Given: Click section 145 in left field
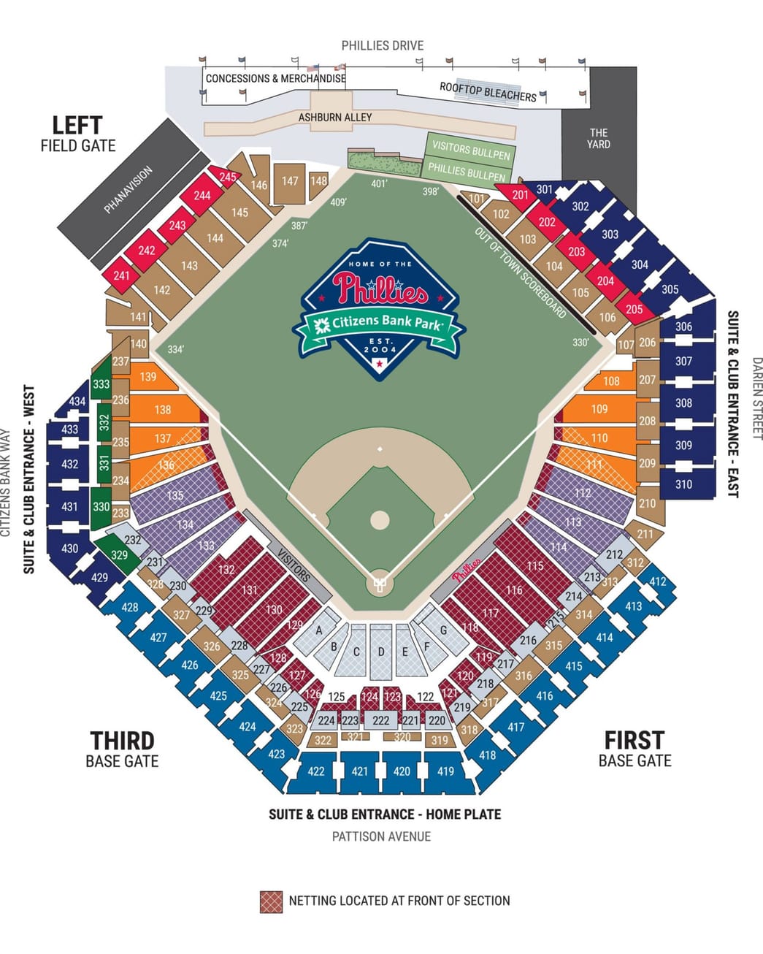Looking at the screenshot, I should [x=239, y=213].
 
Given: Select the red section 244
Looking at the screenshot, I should [x=202, y=195].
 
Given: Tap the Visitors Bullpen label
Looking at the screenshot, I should [x=471, y=150].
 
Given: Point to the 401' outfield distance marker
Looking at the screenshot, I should [x=379, y=184].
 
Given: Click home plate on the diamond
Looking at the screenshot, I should [x=380, y=584].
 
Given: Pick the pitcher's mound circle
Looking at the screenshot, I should [x=380, y=520].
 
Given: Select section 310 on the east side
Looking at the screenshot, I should [x=683, y=484].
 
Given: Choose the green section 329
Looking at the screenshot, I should [x=119, y=554].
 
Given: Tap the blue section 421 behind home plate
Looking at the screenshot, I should [x=360, y=771].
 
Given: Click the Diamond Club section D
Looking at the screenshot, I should [x=380, y=652].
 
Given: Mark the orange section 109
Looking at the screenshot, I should [x=599, y=409].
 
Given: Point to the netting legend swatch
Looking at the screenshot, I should [x=271, y=901].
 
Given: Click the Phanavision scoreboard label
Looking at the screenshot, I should [x=129, y=190].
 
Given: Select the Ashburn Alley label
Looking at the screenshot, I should [x=335, y=117].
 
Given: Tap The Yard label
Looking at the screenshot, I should [x=599, y=138].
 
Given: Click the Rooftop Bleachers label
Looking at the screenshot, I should [x=488, y=91].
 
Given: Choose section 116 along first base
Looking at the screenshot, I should [x=514, y=590].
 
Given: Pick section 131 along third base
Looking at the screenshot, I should [x=250, y=590].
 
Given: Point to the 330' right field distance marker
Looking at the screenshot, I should [x=580, y=342].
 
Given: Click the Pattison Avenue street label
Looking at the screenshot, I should [x=381, y=836].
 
